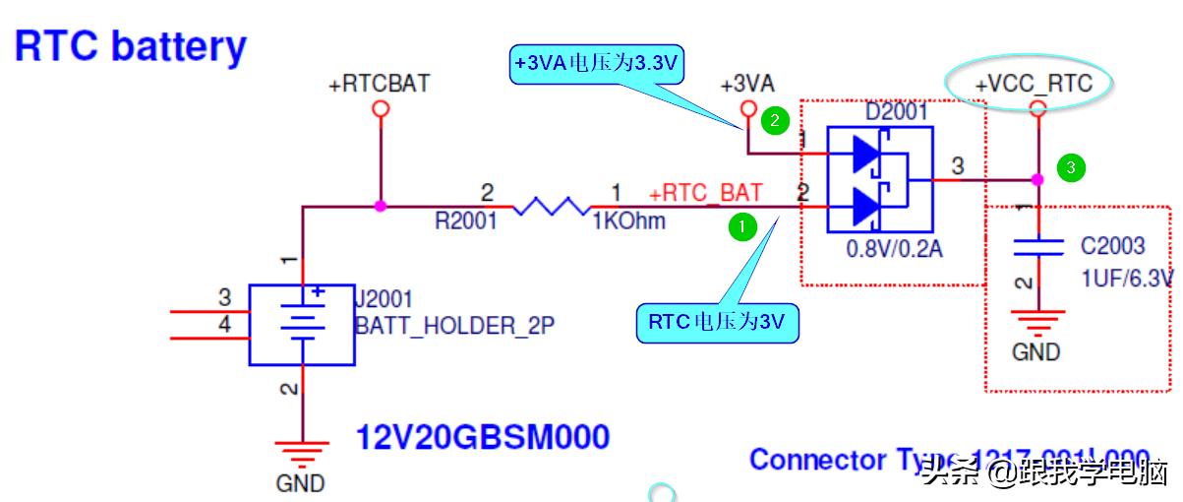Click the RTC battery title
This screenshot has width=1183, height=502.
131,46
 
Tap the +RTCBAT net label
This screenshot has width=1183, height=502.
379,84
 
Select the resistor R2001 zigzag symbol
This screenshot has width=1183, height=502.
550,207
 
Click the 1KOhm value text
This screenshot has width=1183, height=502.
628,221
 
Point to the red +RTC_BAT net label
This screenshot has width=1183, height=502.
705,192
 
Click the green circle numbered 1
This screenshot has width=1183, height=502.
741,227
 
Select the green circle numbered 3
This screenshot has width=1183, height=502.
1071,168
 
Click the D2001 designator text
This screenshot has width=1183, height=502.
896,112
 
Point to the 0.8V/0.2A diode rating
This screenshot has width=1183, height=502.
894,250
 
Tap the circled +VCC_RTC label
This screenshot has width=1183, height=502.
1033,84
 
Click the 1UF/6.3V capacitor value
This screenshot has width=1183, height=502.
1127,280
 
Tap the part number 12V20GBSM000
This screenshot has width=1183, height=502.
482,436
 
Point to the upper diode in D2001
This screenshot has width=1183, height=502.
866,153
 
